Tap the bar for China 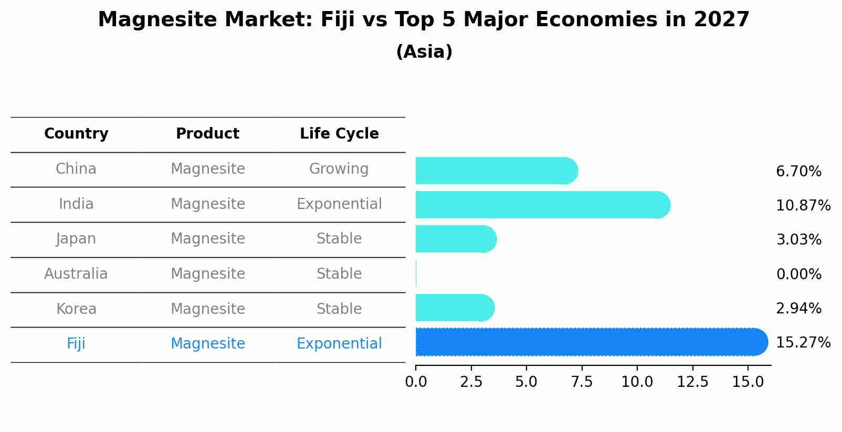(x=496, y=171)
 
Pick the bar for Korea (x=455, y=308)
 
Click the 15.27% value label (x=803, y=343)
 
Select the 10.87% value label (x=803, y=205)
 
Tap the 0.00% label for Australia (x=798, y=274)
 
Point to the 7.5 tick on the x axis (x=582, y=382)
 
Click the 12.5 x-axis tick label (x=692, y=382)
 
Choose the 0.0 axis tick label (x=416, y=382)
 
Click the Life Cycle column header (x=339, y=134)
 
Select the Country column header (x=76, y=134)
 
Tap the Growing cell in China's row (x=339, y=169)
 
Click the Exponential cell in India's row (x=339, y=204)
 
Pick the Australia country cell (x=76, y=274)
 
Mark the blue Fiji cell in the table (x=76, y=344)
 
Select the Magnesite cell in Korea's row (x=208, y=309)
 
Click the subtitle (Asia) (x=424, y=52)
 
